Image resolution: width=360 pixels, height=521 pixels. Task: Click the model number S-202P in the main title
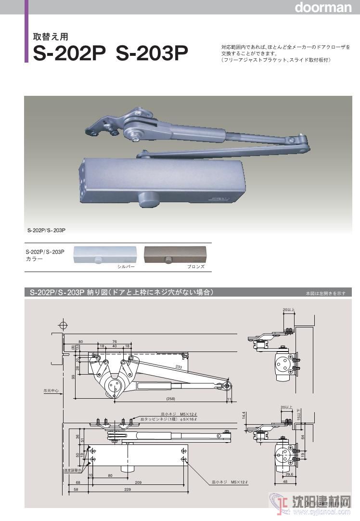(69, 53)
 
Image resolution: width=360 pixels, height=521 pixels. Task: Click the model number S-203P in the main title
(152, 53)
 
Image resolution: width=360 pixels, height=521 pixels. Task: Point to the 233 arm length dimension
(179, 367)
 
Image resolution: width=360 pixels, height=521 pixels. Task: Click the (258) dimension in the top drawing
(170, 399)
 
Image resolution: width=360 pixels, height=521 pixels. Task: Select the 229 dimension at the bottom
(127, 489)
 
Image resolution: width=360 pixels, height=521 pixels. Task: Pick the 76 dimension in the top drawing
(115, 341)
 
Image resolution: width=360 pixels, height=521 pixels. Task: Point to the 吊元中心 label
(49, 391)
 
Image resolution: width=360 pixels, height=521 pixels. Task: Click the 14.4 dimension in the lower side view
(244, 415)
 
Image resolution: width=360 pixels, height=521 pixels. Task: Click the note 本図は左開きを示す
(325, 293)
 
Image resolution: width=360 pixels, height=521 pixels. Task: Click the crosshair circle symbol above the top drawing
(62, 323)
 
